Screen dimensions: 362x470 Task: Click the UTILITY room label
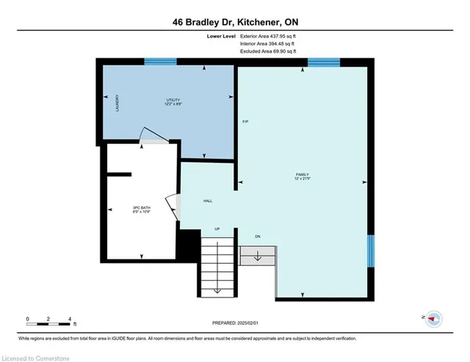[x=173, y=100]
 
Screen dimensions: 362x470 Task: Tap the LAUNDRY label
[x=117, y=104]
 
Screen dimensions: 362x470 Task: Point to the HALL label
[x=208, y=201]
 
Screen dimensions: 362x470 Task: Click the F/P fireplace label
[x=246, y=121]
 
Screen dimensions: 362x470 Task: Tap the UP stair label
[x=217, y=229]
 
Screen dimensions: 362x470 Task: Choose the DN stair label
[x=257, y=236]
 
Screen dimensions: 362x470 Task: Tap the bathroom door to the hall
[x=172, y=204]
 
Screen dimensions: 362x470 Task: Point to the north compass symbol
[x=434, y=318]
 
